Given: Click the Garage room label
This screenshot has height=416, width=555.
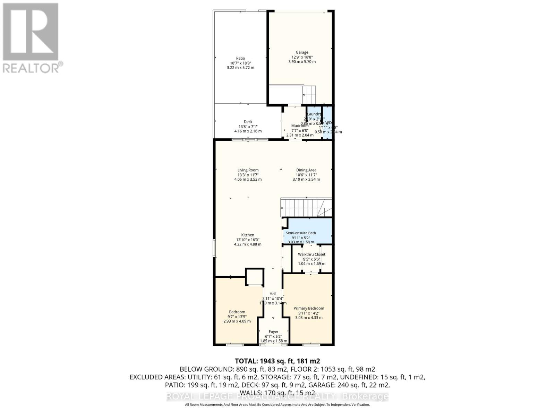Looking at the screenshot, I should pos(302,52).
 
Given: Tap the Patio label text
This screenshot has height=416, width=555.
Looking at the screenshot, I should pos(240,58).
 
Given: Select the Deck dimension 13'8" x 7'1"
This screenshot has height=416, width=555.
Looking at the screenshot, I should pos(248,127).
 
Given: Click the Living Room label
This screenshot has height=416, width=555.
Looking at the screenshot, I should pos(248,170).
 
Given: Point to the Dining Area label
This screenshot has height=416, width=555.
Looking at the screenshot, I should pos(306,170).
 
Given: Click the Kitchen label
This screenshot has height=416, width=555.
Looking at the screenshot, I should pos(248,235).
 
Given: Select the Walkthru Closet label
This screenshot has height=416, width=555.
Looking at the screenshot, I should pos(311,254).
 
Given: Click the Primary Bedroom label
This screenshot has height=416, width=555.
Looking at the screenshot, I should pos(309,308).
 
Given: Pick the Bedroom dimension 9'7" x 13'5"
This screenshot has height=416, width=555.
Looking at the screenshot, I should pos(237,317).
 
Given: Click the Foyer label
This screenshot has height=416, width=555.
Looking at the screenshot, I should pos(273,332).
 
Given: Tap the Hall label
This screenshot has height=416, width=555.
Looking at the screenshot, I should pos(273,294).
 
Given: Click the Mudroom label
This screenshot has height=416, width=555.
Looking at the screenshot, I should pos(300,125).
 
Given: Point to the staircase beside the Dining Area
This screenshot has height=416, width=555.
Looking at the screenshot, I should pos(305,207).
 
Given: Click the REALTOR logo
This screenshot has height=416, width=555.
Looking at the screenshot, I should pos(31,38).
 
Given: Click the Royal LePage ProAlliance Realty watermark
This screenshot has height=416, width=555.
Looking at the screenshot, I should pos(277,397).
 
